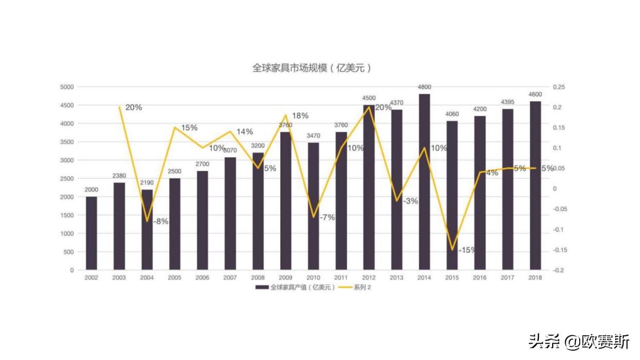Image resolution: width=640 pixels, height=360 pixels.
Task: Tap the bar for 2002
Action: click(x=91, y=233)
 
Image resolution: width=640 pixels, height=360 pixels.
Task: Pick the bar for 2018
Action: click(x=535, y=185)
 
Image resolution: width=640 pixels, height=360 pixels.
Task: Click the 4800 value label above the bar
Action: click(x=424, y=87)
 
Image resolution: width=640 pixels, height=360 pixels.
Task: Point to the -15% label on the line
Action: click(x=467, y=250)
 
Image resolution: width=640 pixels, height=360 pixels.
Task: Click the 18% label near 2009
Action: click(x=300, y=116)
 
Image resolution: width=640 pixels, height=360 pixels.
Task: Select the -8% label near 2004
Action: click(x=160, y=222)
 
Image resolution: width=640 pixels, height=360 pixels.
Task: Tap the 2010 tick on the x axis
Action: click(x=313, y=278)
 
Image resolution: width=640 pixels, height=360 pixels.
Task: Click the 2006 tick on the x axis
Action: click(x=202, y=278)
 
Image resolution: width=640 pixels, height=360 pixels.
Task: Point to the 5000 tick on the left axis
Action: click(x=67, y=87)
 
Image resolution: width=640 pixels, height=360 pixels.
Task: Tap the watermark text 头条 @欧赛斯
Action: click(x=579, y=341)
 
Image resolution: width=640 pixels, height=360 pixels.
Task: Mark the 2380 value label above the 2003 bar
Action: click(x=119, y=176)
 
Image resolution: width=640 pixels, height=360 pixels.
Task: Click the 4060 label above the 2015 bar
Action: click(x=452, y=114)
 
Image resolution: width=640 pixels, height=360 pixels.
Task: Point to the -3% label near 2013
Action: click(x=410, y=201)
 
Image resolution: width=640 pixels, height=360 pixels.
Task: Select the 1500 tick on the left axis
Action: click(x=67, y=215)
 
